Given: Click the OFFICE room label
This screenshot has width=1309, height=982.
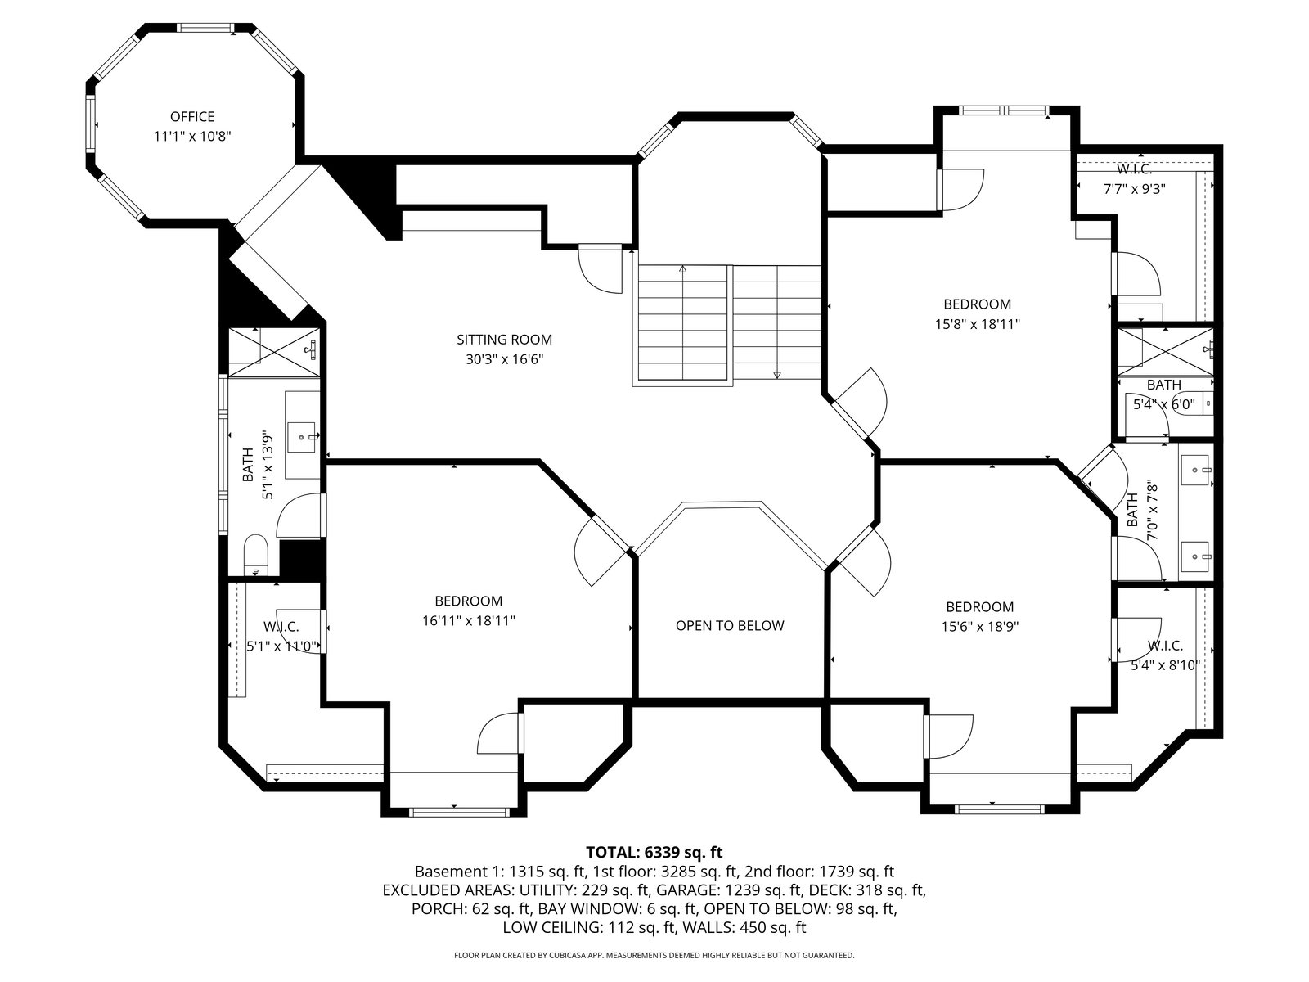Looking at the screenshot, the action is tap(192, 117).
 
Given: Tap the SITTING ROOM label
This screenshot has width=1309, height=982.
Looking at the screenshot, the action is tap(505, 340).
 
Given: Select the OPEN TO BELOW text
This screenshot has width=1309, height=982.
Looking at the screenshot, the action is tap(729, 625).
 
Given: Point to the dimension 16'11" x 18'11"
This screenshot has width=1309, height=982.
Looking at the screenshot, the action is tap(469, 620).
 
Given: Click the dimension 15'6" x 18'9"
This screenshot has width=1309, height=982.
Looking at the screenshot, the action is tap(980, 627).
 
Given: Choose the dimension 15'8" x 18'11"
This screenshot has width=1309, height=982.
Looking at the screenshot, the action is tap(978, 324).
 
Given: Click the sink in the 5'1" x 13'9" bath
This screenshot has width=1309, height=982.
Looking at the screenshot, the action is tap(303, 435).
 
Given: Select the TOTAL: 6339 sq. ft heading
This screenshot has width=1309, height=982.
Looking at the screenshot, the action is tap(654, 852).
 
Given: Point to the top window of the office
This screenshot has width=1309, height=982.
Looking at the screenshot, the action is tap(205, 28).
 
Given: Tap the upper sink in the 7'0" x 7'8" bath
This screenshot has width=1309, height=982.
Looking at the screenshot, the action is tap(1195, 470).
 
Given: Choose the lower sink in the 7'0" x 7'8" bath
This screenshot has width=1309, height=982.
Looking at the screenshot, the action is tap(1195, 556).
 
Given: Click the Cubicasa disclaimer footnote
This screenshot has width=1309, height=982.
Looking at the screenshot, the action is tap(654, 955).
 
